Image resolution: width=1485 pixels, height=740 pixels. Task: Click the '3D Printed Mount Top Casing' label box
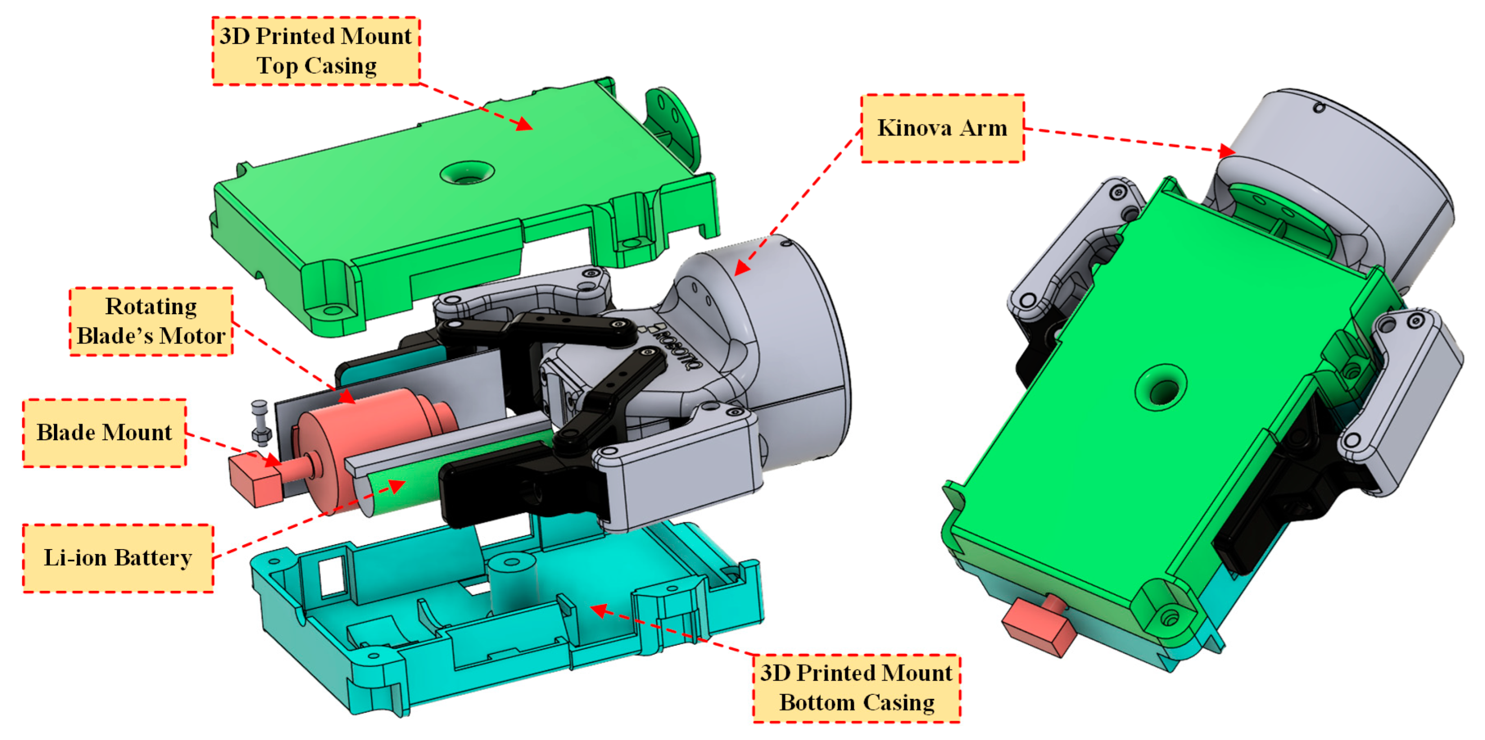click(316, 51)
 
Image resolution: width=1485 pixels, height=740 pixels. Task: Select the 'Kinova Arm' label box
click(942, 128)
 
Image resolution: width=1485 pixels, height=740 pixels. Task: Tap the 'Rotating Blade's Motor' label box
click(151, 321)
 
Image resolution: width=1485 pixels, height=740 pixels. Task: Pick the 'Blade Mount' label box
click(104, 432)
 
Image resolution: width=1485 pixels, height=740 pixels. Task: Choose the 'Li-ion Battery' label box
click(117, 558)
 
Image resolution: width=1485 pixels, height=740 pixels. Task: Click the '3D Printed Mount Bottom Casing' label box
click(857, 688)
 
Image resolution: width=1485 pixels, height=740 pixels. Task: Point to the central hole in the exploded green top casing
click(467, 172)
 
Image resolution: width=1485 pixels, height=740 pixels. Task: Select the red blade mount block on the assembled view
click(1038, 627)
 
